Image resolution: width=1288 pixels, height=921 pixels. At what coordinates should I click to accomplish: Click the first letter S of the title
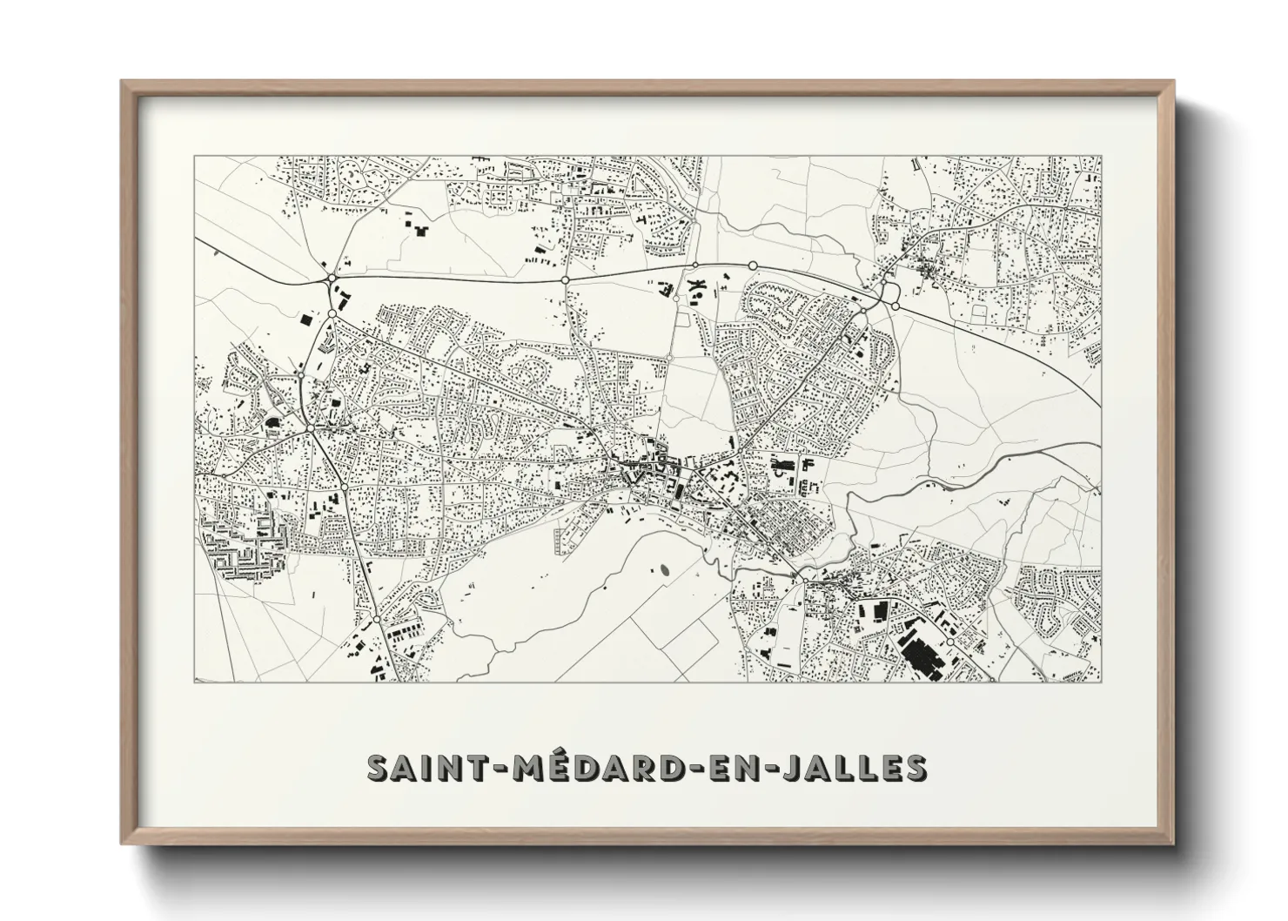pos(379,768)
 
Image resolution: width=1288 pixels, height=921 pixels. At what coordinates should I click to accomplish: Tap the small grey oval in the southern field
pos(665,571)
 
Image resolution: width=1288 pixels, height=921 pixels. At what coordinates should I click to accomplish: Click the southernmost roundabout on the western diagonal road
pos(376,618)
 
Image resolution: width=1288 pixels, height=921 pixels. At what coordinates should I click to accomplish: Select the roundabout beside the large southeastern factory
pos(949,641)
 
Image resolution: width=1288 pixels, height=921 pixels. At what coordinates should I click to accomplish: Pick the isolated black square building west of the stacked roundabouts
pos(306,319)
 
